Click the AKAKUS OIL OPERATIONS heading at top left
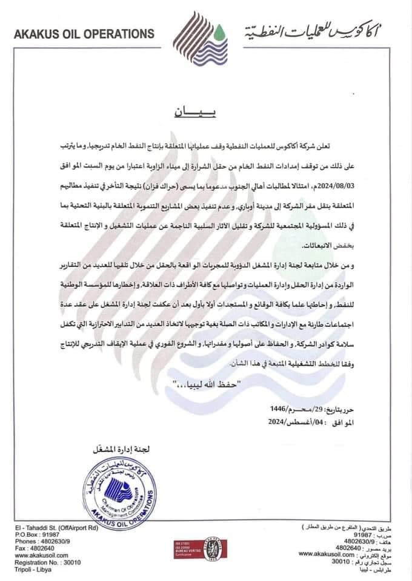point(84,34)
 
